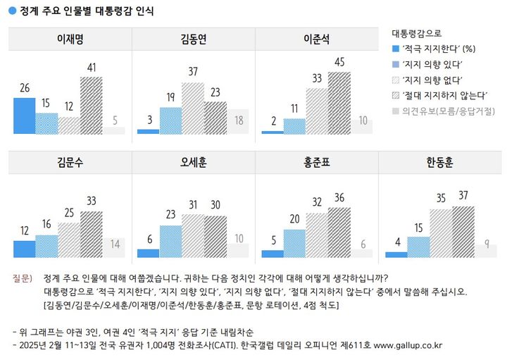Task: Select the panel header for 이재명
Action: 69,39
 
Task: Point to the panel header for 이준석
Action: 316,39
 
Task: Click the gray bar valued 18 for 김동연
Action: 239,123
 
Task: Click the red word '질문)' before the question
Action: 23,278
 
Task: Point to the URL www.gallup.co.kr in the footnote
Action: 407,345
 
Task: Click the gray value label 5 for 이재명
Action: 115,120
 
